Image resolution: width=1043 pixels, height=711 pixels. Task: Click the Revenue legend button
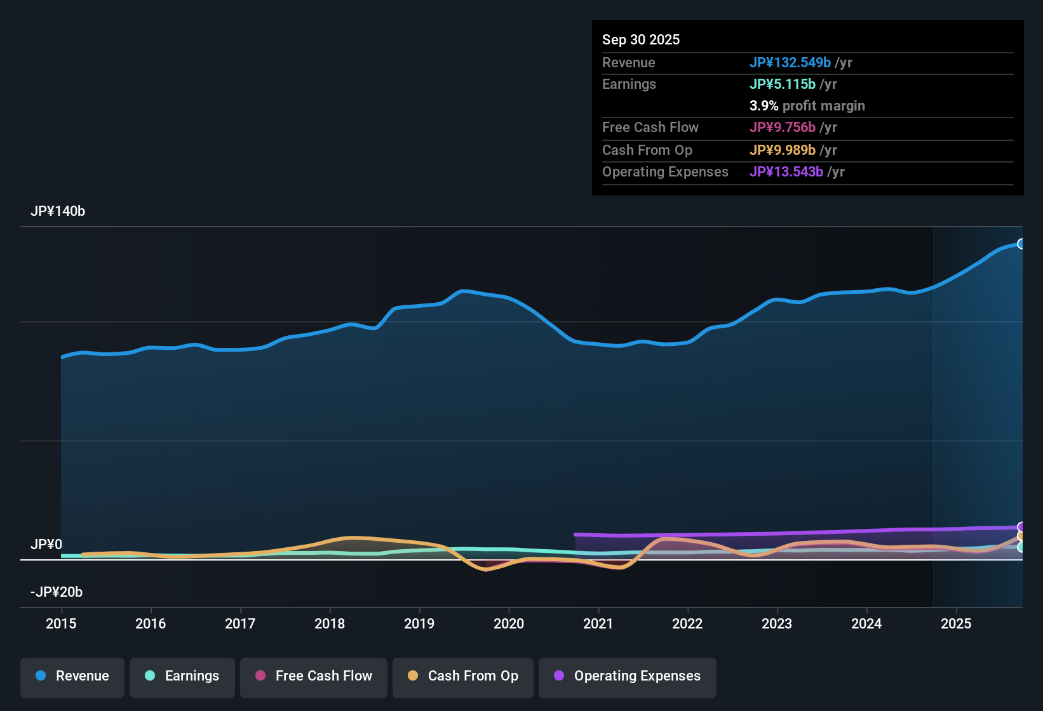tap(72, 677)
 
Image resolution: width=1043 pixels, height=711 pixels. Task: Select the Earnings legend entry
tap(182, 677)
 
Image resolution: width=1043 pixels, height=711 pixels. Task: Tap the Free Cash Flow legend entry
tap(314, 677)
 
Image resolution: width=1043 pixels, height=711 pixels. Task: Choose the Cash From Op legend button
tap(463, 677)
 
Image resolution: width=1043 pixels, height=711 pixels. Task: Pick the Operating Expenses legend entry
tap(628, 677)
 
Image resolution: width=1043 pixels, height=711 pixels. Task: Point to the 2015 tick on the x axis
tap(61, 623)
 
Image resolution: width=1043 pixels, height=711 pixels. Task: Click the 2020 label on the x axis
tap(509, 623)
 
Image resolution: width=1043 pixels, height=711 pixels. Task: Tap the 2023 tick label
tap(777, 623)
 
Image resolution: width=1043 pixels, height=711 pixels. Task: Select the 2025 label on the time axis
tap(956, 623)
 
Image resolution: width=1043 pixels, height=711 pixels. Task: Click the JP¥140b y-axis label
tap(58, 211)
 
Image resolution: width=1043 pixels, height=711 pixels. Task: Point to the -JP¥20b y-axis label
tap(57, 592)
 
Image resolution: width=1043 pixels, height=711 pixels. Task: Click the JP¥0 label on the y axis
tap(46, 545)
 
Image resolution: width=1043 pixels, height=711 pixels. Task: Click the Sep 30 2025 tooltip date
tap(641, 40)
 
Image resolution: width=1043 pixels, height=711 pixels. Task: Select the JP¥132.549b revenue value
tap(790, 63)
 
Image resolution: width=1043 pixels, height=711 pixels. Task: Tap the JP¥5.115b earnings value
tap(782, 84)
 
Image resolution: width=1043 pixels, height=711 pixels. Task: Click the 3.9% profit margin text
tap(807, 106)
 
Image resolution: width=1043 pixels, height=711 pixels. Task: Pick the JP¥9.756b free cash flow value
tap(782, 128)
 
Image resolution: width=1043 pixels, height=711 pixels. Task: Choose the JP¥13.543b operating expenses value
tap(786, 172)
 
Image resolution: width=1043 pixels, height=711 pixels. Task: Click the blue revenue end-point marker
tap(1021, 244)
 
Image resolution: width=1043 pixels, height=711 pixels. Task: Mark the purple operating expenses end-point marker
tap(1021, 527)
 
